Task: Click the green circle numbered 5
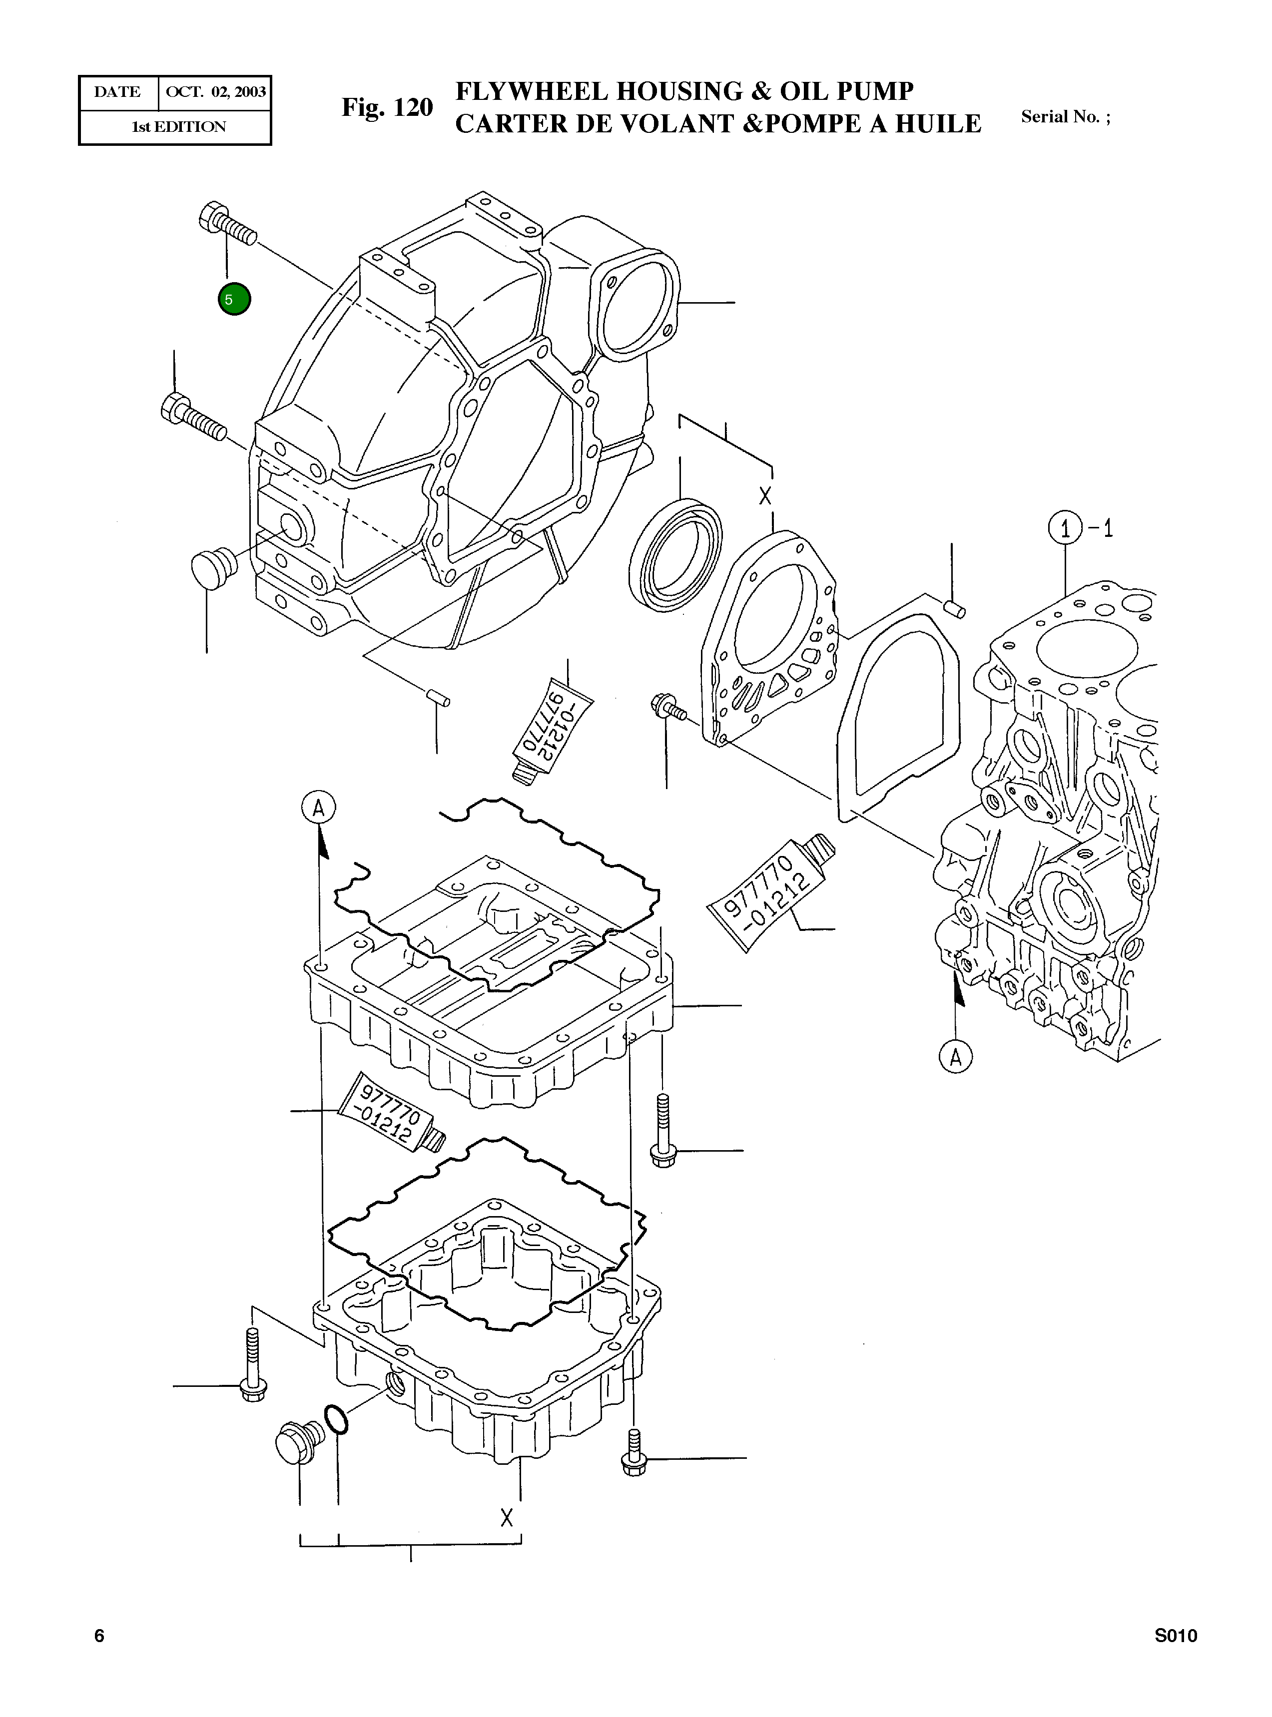pos(234,299)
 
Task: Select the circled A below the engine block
pos(956,1057)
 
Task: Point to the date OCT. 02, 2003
pos(216,92)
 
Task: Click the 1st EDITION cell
pos(179,127)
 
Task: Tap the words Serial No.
pos(1060,117)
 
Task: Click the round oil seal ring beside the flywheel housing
pos(675,554)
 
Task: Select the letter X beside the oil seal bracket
pos(764,496)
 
